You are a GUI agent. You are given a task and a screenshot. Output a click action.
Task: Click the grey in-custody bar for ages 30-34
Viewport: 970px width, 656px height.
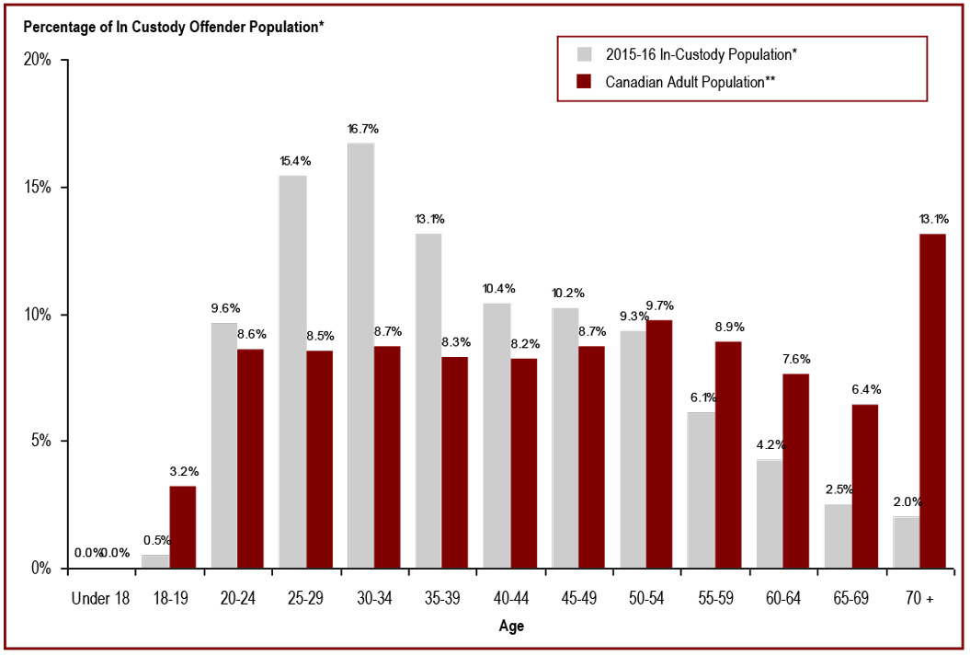360,355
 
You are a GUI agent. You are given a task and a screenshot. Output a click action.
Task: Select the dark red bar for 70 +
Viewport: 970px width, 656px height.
932,400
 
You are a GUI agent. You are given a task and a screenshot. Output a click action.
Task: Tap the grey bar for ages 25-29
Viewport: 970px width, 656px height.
292,372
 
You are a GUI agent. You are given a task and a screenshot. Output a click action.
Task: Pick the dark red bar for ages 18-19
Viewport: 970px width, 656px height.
182,526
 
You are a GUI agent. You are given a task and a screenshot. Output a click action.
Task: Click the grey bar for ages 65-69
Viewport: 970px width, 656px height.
838,535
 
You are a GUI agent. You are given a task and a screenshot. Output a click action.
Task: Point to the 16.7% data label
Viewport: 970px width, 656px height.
362,129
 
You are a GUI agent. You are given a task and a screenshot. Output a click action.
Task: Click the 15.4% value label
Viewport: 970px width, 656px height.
294,161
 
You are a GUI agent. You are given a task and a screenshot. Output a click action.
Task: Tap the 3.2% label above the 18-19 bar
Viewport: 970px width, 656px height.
184,472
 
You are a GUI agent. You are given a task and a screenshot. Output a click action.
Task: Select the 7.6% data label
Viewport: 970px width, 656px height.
796,360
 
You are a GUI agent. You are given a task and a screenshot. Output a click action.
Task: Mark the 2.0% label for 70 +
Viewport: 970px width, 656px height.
906,502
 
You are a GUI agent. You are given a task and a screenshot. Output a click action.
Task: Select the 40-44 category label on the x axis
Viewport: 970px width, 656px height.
511,599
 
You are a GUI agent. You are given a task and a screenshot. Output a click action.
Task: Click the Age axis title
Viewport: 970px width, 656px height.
511,627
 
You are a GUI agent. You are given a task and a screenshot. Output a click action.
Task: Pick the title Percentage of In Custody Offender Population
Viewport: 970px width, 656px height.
174,27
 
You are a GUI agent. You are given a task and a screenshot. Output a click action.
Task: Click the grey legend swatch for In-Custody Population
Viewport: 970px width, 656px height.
584,54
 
